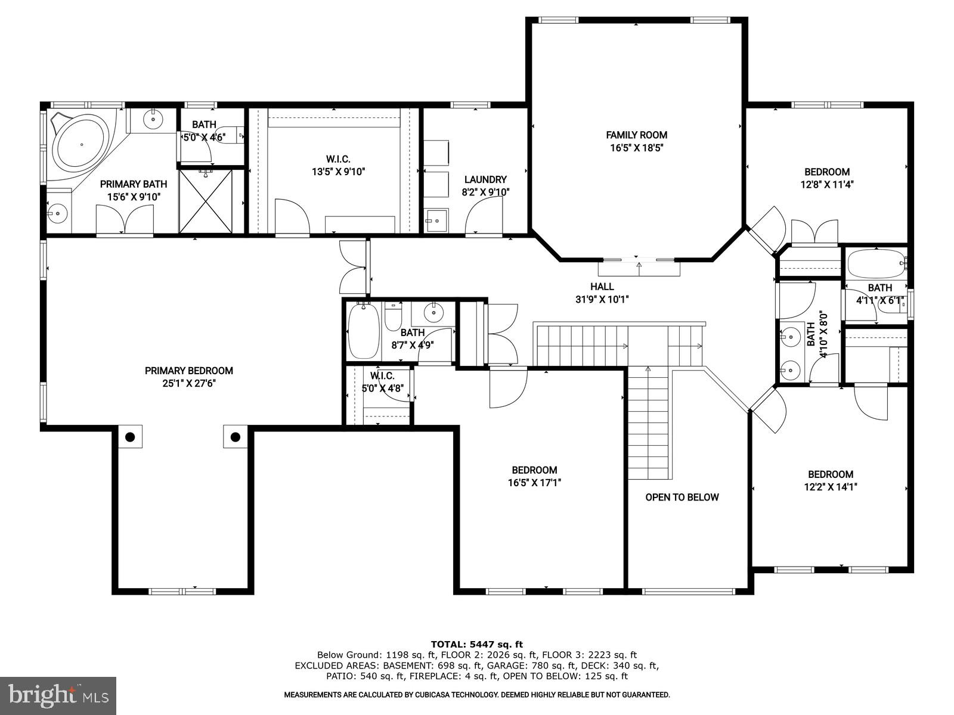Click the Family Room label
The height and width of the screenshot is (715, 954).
point(636,135)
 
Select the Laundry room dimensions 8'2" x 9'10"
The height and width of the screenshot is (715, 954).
point(485,192)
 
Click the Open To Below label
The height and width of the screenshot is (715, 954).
point(682,497)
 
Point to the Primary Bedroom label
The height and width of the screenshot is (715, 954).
point(188,371)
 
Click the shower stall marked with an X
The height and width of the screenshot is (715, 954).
point(205,201)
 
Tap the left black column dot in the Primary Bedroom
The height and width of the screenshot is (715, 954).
point(130,437)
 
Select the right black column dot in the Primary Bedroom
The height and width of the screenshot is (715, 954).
point(235,437)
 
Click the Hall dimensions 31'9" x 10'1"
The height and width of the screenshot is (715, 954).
point(602,300)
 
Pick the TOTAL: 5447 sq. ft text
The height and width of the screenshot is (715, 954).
point(476,644)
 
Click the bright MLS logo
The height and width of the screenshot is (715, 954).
point(58,695)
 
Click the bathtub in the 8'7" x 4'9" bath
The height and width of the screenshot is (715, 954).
point(363,331)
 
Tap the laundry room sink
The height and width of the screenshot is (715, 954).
point(436,219)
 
